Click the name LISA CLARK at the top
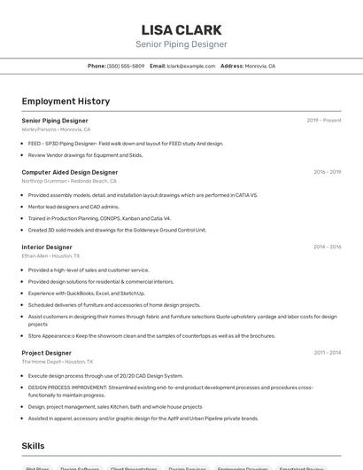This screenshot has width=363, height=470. coord(181,29)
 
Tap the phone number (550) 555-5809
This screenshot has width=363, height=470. coord(126,66)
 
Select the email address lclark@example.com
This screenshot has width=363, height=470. coord(191,66)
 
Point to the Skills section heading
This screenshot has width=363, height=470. coord(35,447)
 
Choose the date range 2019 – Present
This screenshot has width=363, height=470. coord(324,121)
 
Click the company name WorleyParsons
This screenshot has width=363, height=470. coord(39,129)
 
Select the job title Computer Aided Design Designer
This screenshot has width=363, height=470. coord(70,172)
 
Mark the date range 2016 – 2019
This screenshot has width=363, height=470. coord(327,172)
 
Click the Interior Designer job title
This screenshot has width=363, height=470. coord(47,247)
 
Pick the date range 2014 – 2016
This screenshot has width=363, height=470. coord(327,247)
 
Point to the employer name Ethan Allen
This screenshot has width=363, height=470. coord(35,256)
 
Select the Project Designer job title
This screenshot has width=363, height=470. coord(46,352)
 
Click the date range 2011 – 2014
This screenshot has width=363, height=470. coord(327,352)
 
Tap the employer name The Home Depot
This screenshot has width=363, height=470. coord(42,362)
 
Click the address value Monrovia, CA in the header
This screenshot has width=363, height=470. coord(260,66)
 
